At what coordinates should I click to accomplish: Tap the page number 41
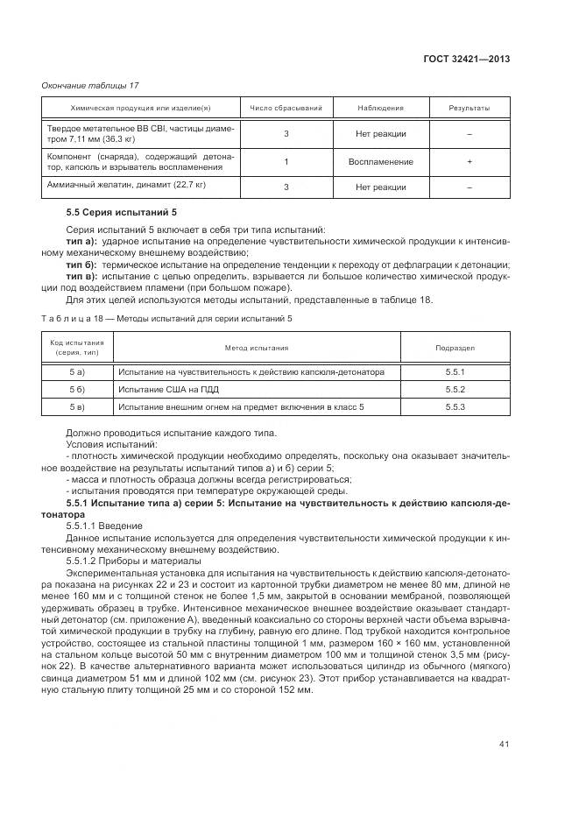(x=504, y=745)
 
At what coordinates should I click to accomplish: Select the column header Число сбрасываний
(x=286, y=109)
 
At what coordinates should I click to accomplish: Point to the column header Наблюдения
(x=380, y=109)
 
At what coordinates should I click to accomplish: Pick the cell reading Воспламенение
(x=380, y=162)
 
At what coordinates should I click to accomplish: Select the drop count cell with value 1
(x=286, y=162)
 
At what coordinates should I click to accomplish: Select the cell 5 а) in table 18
(x=76, y=372)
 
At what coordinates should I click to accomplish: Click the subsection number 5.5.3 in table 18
(x=455, y=407)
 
